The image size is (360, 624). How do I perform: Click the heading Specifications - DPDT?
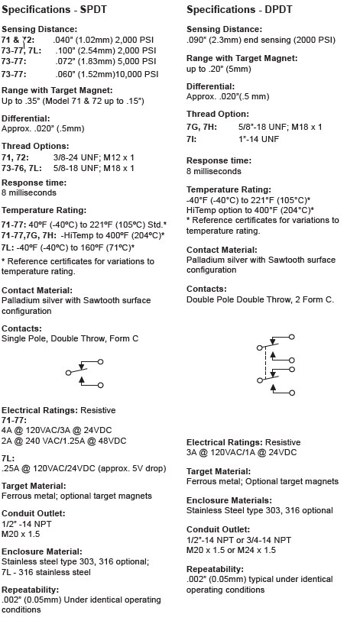[x=238, y=11]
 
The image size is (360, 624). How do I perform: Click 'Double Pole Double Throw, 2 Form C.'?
[x=260, y=299]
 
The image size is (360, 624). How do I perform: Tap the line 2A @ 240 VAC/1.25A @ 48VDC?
[x=63, y=441]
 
